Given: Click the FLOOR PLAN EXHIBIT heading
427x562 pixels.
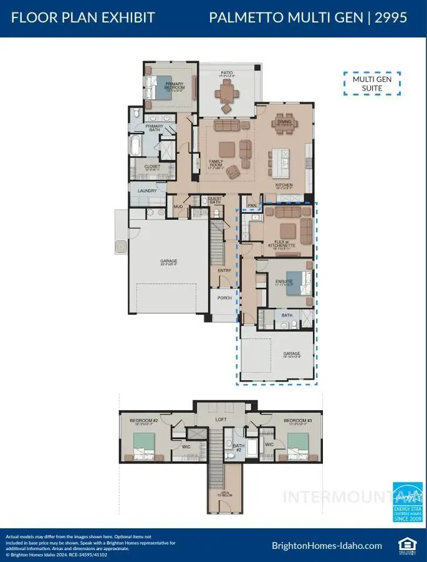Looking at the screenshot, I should [83, 17].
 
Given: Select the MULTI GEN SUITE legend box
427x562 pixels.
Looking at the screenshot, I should [372, 84].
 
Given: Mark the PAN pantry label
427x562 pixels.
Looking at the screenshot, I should [252, 204].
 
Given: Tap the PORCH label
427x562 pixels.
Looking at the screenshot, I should [224, 298].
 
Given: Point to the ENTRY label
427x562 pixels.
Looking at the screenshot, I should [224, 270].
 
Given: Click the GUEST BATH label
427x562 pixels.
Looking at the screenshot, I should [215, 201].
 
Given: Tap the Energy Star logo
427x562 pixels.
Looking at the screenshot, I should [407, 501].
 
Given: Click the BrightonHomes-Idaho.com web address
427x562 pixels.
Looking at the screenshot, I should [327, 545].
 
